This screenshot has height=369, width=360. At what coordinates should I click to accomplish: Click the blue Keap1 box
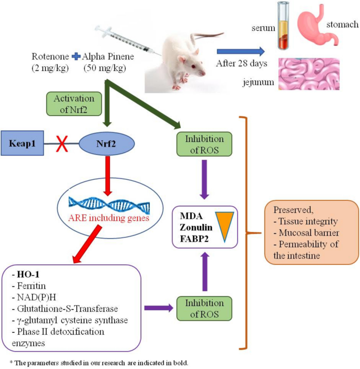pos(23,143)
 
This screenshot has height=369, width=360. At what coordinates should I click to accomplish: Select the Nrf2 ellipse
pos(106,143)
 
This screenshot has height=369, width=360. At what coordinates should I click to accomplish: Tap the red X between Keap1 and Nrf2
pos(62,143)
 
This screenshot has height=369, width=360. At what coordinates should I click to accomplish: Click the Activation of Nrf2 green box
pos(74,104)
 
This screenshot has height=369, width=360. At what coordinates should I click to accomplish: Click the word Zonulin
pos(196,227)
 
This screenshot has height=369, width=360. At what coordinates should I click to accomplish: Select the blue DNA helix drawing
pos(109,205)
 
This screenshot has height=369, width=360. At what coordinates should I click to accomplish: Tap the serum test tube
pos(283,26)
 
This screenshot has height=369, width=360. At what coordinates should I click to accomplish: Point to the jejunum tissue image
pos(309,74)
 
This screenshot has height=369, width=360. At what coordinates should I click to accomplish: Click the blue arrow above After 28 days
pos(241,52)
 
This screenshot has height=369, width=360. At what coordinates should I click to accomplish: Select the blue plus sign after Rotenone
pos(76,56)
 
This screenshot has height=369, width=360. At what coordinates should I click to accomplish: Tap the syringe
pos(127,40)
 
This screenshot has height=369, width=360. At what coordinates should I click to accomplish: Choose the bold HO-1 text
pos(28,274)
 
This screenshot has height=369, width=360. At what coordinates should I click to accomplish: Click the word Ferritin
pos(32,286)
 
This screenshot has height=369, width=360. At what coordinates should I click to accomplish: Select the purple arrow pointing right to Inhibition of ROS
pos(159,308)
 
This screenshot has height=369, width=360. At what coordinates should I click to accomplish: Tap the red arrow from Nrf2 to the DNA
pos(108,176)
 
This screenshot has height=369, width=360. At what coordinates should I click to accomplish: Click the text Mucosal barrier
pos(309,233)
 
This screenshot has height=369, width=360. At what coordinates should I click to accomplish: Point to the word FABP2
pos(194,239)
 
